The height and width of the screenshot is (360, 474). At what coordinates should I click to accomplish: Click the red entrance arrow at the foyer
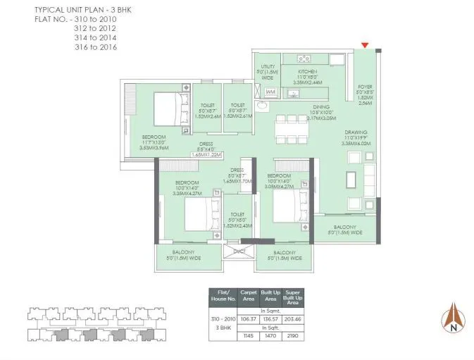point(364,46)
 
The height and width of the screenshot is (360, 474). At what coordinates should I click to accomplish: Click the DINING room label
point(321,108)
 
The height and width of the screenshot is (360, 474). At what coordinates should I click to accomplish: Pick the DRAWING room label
point(355,132)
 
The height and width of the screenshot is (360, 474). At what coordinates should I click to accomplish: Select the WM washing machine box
point(270,92)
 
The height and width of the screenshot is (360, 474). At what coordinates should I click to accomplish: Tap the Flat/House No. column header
point(223,297)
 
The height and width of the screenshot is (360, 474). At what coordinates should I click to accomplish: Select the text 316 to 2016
point(96,47)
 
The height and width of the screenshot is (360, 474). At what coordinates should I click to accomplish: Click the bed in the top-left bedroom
point(170,109)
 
